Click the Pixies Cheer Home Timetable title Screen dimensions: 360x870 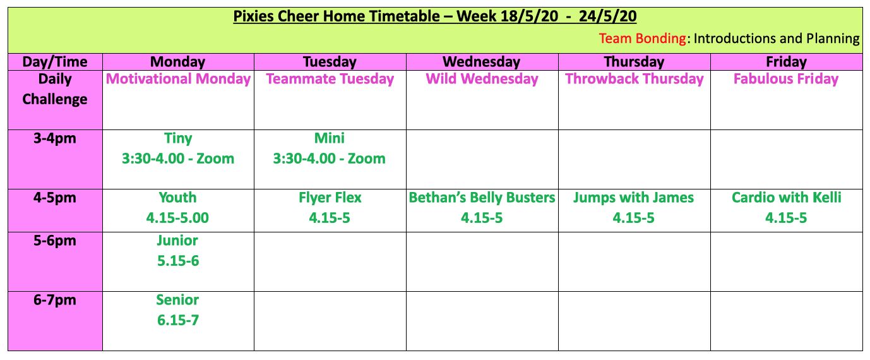(434, 16)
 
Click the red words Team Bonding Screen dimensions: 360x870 (642, 39)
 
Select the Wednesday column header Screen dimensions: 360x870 (482, 62)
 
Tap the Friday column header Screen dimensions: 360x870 (786, 62)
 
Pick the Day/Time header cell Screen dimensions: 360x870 (54, 62)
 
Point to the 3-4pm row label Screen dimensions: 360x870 (54, 139)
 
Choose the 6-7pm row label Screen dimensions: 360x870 (54, 300)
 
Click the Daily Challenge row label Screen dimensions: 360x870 (54, 89)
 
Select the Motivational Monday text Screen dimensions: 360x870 (178, 79)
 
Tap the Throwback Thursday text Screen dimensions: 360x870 (634, 79)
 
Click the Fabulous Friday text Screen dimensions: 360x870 (786, 79)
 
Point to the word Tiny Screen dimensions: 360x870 (178, 138)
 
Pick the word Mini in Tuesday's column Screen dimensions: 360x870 (330, 138)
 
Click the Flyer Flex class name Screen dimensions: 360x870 (330, 198)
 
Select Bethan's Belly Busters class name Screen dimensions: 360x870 (482, 198)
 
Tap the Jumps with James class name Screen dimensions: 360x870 (633, 198)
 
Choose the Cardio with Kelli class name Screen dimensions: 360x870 (786, 198)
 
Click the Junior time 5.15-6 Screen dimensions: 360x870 (178, 260)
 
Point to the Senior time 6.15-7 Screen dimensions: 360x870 (178, 320)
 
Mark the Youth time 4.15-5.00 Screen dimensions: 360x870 (177, 218)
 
